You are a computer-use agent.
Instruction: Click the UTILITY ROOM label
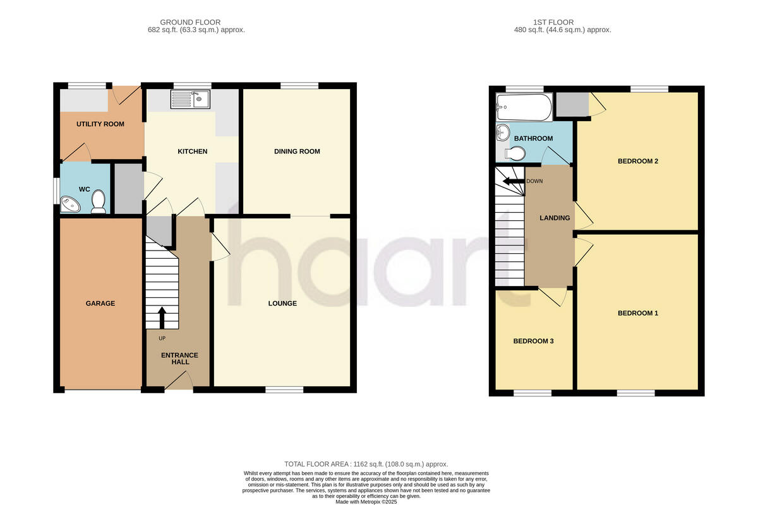(x=100, y=124)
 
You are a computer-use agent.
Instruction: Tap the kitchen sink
(x=191, y=99)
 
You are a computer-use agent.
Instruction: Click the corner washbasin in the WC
(x=69, y=204)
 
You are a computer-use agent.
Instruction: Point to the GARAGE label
(x=100, y=304)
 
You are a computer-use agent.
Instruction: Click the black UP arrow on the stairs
(x=161, y=318)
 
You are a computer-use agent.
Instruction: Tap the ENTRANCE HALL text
(x=177, y=358)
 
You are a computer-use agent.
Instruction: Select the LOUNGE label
(x=282, y=304)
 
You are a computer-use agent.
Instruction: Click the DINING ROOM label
(x=297, y=151)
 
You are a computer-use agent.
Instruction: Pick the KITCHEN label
(x=192, y=151)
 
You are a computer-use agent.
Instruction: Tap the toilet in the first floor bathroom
(x=515, y=153)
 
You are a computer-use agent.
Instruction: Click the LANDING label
(x=554, y=218)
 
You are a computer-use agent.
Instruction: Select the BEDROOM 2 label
(x=637, y=161)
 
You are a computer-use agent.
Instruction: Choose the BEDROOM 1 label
(x=637, y=314)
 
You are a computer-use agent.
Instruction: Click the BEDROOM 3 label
(x=533, y=342)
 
